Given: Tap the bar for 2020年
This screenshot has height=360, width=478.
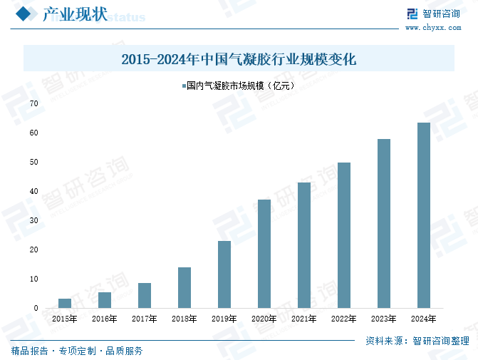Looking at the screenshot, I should pos(264,254).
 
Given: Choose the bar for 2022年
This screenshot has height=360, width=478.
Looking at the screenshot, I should pos(344,235).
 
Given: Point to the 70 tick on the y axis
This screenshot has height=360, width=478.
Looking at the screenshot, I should pos(34,103).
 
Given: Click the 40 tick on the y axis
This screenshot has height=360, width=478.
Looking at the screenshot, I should pos(34,191).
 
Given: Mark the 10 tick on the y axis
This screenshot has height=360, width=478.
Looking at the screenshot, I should pos(34,279).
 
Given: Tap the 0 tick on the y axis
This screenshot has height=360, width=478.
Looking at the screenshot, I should pos(36,308).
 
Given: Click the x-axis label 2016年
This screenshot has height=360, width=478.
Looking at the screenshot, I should pos(105,319).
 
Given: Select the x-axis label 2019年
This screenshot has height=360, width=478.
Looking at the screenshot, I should pos(224,319).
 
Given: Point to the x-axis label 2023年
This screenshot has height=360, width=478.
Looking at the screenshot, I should pos(384,319).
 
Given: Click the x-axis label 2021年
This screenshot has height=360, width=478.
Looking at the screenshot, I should pos(304,319).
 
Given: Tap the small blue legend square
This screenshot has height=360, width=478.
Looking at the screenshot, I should pos(182,86).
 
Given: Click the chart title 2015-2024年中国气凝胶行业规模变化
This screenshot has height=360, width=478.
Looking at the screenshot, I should pos(239,59).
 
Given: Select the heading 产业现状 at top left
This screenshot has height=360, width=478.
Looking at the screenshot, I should pos(75,15).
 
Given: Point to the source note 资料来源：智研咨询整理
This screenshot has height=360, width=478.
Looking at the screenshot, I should pos(416,340).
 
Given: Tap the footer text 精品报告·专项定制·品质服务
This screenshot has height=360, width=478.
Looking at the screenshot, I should pos(77,351).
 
